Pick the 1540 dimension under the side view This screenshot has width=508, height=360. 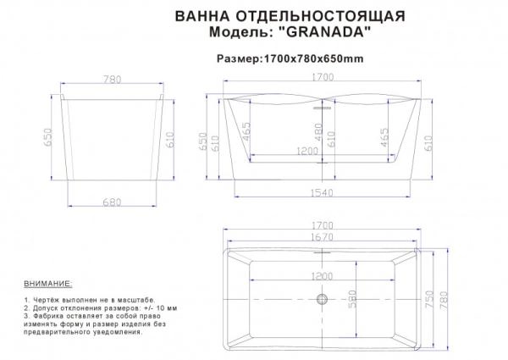coord(321,193)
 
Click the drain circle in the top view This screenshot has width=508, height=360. coord(321,298)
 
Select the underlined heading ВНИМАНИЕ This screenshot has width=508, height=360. coord(48,282)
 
